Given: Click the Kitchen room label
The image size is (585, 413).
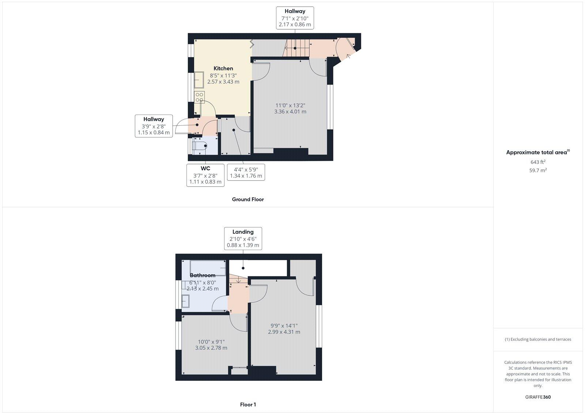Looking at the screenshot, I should (223, 68).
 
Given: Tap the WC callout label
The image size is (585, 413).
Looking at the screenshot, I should (205, 168).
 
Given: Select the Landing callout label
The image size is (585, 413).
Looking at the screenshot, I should (243, 232).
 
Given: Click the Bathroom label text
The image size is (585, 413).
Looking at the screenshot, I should (203, 275).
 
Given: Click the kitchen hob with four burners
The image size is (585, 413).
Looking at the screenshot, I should (199, 97).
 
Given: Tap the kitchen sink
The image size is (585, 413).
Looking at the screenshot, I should (199, 79).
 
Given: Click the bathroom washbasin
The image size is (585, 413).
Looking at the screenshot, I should (186, 301).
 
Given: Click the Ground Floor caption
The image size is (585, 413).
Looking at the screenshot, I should (248, 200).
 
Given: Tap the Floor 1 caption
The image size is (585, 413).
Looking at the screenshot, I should (248, 405).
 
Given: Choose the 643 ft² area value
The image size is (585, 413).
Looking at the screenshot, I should (538, 162).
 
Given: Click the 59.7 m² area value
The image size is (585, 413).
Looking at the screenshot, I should (538, 170).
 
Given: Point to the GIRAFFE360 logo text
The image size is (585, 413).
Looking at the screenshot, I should (538, 397).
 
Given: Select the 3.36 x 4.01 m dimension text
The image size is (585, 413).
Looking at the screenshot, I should (290, 112).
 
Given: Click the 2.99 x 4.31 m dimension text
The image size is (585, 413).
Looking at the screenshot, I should (284, 332).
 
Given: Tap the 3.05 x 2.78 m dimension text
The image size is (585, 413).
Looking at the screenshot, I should (211, 348).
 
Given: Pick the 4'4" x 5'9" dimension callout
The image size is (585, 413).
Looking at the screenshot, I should (246, 172).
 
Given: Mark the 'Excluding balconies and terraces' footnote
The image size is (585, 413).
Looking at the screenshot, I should (538, 339).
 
